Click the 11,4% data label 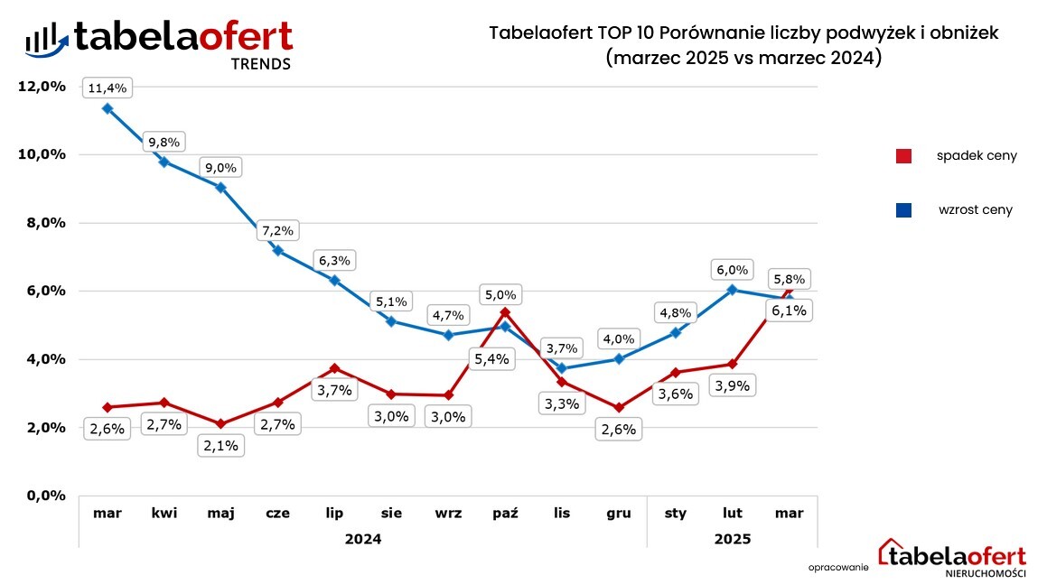pos(108,88)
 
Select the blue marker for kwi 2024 pos(164,162)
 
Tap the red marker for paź pos(505,312)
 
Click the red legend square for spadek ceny pos(903,156)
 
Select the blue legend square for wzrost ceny pos(903,210)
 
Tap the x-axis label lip pos(334,513)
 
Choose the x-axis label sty pos(675,513)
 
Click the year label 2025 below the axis pos(732,539)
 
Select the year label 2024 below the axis pos(362,539)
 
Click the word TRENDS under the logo pos(261,64)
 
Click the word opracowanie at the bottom pos(838,567)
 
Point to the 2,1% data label pos(220,445)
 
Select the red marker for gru pos(619,408)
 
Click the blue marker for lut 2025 pos(733,290)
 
